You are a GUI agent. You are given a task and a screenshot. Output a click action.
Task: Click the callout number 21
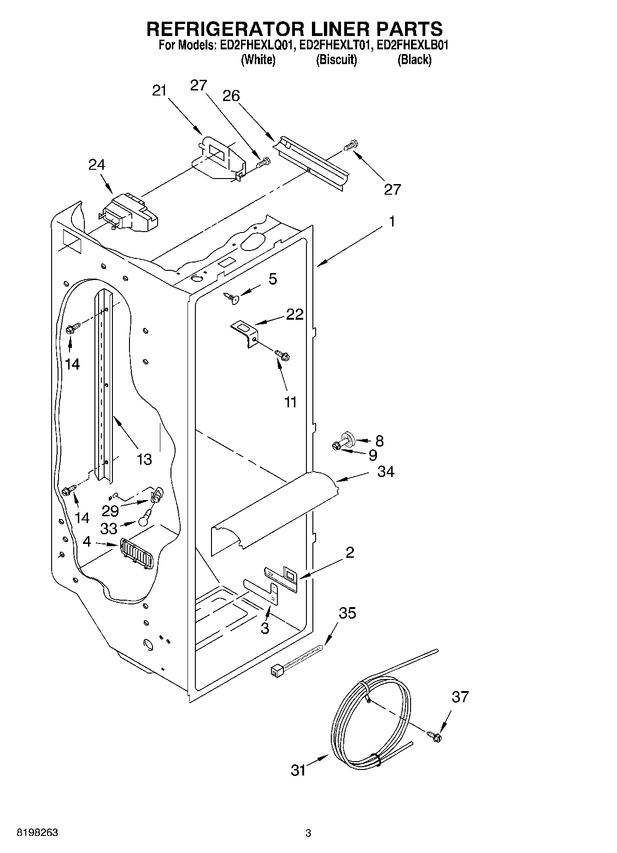(159, 91)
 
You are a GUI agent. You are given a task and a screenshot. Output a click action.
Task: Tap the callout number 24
(97, 165)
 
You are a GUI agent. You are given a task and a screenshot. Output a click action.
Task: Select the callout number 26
(231, 96)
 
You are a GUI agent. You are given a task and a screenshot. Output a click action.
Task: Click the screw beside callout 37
(434, 736)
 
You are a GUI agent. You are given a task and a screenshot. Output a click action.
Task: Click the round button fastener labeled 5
(233, 299)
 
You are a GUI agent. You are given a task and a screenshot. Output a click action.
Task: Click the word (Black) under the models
(414, 60)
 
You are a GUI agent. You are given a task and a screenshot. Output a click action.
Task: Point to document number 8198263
(37, 833)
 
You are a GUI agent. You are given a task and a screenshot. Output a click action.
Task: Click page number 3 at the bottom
(308, 833)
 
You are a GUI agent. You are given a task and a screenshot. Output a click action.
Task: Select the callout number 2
(350, 552)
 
